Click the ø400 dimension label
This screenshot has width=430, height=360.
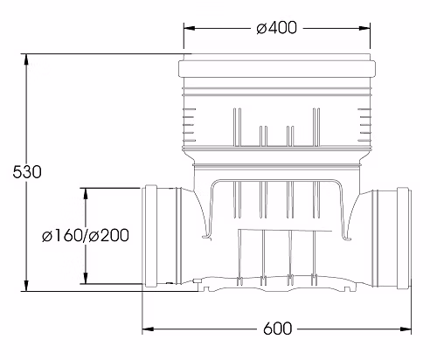pyautogui.click(x=277, y=28)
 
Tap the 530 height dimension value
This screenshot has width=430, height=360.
pyautogui.click(x=27, y=172)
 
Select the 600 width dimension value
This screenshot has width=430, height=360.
pyautogui.click(x=277, y=329)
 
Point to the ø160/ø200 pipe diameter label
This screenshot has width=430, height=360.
pyautogui.click(x=86, y=235)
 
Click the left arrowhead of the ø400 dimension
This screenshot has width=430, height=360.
pyautogui.click(x=189, y=28)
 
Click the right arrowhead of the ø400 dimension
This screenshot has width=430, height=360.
pyautogui.click(x=364, y=28)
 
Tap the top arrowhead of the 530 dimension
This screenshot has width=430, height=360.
pyautogui.click(x=26, y=59)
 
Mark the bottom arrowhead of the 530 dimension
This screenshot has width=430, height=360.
pyautogui.click(x=26, y=286)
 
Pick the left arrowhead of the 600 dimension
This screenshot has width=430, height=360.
pyautogui.click(x=148, y=329)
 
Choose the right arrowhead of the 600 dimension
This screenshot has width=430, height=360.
pyautogui.click(x=406, y=329)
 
